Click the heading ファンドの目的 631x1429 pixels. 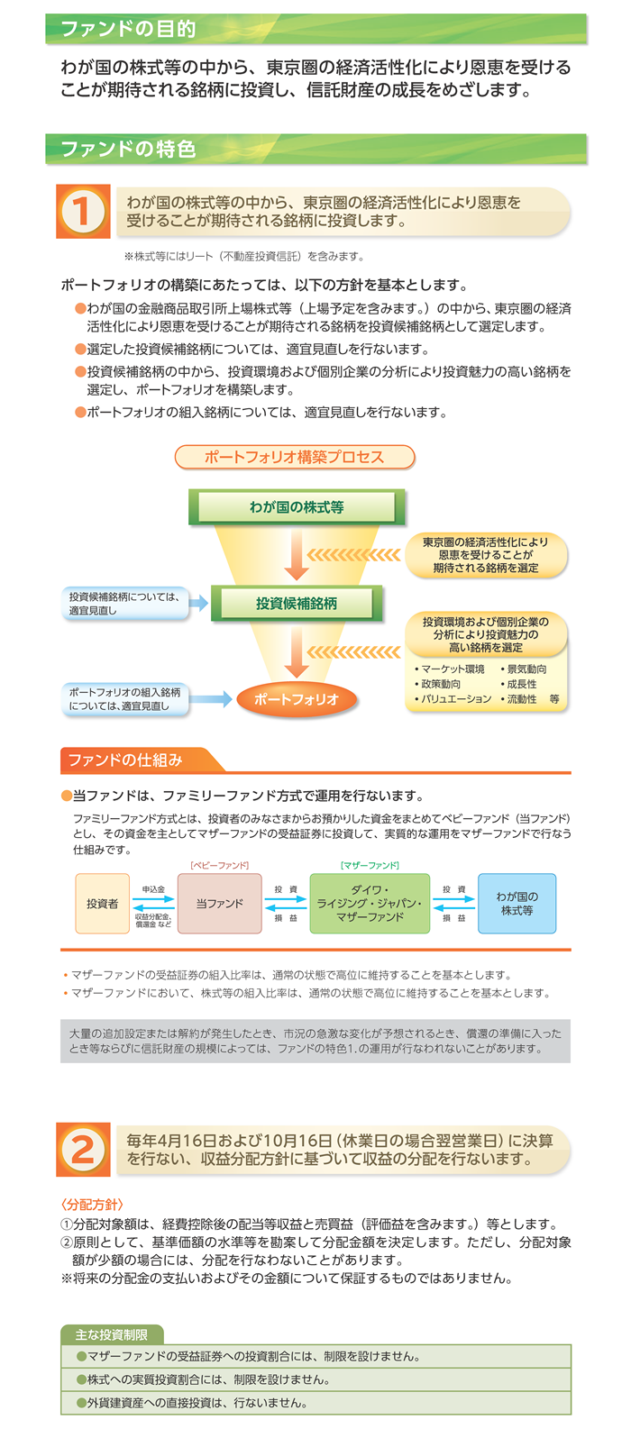pos(128,29)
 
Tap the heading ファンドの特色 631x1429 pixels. pos(128,150)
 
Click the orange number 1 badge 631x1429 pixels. pos(83,211)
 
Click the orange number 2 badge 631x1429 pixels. pos(83,1149)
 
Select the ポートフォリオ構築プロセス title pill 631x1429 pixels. pos(295,457)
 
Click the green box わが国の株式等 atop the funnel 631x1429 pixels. pos(297,507)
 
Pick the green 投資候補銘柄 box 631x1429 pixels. pos(297,604)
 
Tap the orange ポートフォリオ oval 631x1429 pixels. pos(297,699)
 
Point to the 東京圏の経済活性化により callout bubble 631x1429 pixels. pos(486,555)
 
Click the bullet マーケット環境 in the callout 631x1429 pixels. pos(450,669)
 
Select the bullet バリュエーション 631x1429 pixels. pos(453,699)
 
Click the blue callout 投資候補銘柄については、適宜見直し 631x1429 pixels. pos(125,604)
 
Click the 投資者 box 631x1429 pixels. pos(103,904)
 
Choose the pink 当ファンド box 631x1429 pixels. pos(219,904)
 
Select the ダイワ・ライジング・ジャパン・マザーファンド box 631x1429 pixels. pos(370,904)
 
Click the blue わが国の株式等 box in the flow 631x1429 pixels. pos(517,904)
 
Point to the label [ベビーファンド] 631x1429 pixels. pos(219,865)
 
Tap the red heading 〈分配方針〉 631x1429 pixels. pos(92,1205)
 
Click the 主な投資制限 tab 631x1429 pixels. pos(112,1334)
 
